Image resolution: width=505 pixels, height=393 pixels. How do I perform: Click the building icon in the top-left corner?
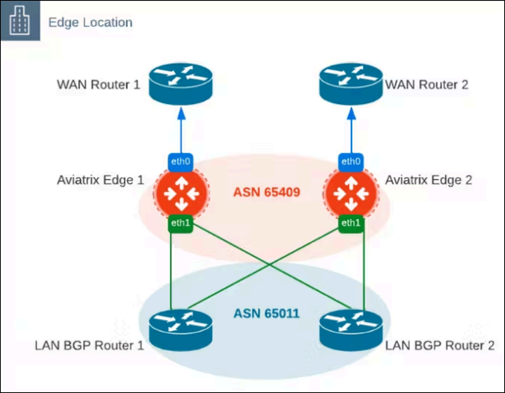(20, 22)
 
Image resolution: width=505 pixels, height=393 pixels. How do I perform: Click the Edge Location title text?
(91, 22)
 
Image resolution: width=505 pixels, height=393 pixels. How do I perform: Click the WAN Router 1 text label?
(98, 84)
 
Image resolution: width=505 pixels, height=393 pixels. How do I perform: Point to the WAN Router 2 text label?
(426, 84)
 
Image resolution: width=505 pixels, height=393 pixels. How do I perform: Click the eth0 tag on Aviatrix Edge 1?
(180, 161)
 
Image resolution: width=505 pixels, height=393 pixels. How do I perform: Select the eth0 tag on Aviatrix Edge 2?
(350, 161)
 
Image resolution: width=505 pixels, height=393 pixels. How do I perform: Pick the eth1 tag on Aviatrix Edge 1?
(180, 223)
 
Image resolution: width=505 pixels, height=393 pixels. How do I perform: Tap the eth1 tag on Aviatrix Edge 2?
(350, 223)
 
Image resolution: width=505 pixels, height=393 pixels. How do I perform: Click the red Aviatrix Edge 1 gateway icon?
(180, 192)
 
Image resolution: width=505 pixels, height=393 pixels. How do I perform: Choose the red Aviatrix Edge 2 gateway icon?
(350, 192)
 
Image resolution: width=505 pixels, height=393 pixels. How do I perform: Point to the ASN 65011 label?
(265, 314)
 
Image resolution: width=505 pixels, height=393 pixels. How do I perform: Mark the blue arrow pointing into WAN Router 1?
(180, 127)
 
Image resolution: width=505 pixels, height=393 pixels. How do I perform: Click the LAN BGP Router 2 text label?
(439, 346)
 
